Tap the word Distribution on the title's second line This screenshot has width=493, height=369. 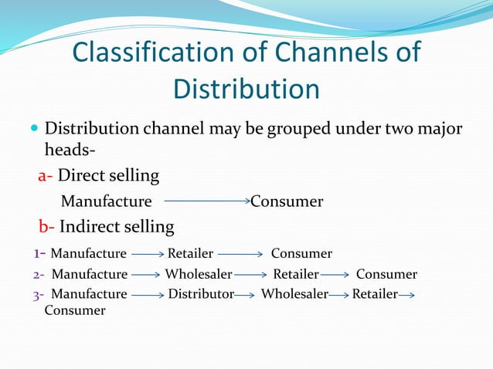pyautogui.click(x=246, y=88)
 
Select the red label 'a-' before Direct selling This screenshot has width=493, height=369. pyautogui.click(x=46, y=176)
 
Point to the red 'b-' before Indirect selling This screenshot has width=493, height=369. pyautogui.click(x=46, y=227)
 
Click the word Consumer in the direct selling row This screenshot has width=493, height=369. pyautogui.click(x=287, y=202)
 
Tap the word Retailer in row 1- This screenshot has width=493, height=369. pyautogui.click(x=191, y=254)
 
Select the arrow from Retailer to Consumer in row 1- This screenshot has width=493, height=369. pyautogui.click(x=242, y=254)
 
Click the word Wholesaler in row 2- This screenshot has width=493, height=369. pyautogui.click(x=198, y=275)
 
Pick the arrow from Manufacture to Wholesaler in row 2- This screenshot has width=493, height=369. pyautogui.click(x=145, y=275)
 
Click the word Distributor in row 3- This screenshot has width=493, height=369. pyautogui.click(x=201, y=294)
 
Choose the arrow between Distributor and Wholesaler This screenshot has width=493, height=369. pyautogui.click(x=245, y=295)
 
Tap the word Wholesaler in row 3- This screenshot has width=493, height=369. pyautogui.click(x=294, y=294)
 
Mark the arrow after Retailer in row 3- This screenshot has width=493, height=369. pyautogui.click(x=407, y=295)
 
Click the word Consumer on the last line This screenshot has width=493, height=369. pyautogui.click(x=75, y=310)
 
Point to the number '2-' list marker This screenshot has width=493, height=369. pyautogui.click(x=39, y=275)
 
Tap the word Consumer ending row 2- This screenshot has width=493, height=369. pyautogui.click(x=386, y=275)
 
